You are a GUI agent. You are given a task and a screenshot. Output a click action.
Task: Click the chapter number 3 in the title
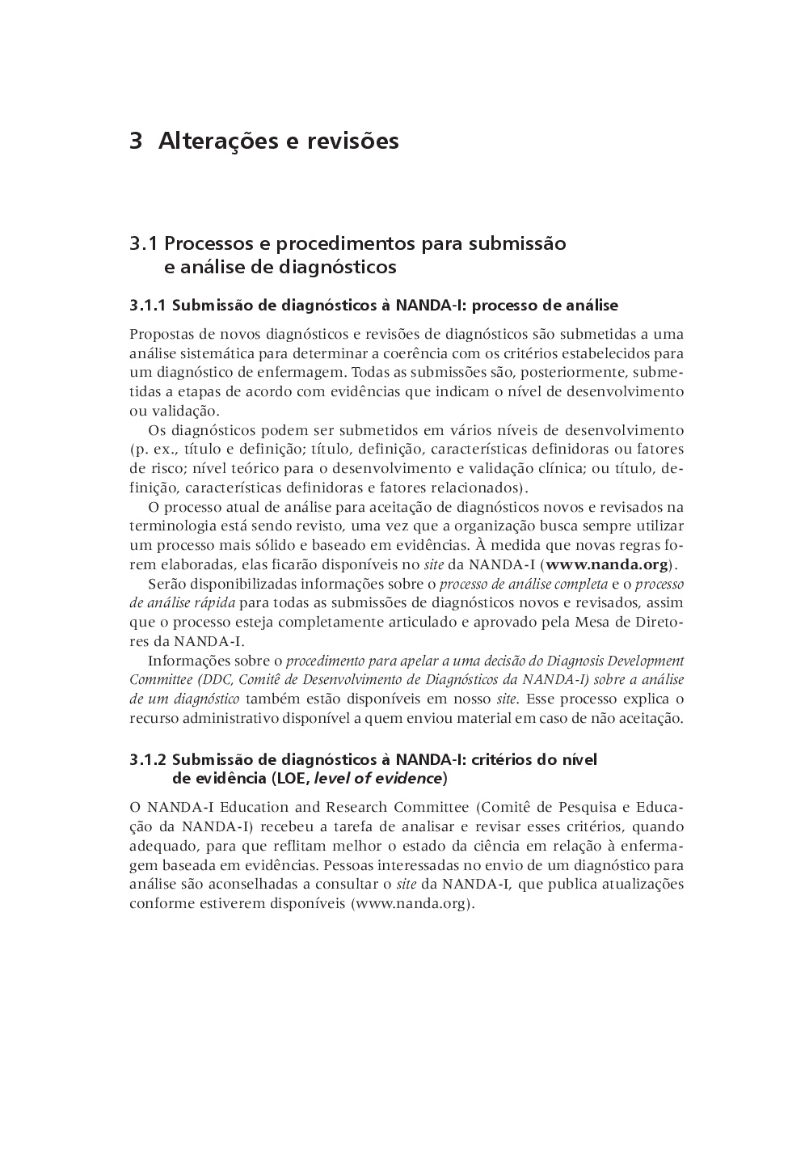[x=136, y=142]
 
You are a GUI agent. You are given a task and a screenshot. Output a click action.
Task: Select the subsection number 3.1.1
[x=147, y=306]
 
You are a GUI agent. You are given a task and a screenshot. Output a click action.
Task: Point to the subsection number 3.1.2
[x=147, y=759]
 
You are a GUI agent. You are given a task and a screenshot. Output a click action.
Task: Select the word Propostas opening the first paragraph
[x=159, y=334]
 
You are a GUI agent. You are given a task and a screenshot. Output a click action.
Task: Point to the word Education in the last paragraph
[x=251, y=807]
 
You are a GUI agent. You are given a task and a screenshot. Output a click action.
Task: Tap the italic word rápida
[x=215, y=603]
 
